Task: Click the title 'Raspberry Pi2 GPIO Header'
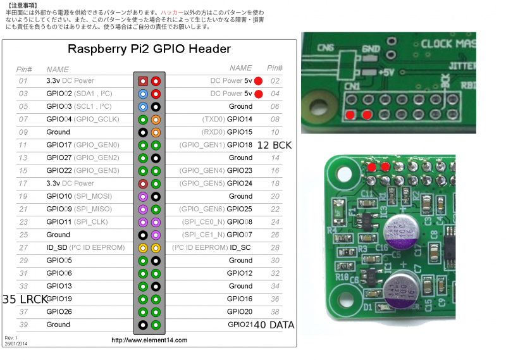pyautogui.click(x=149, y=49)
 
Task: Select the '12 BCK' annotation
pyautogui.click(x=275, y=145)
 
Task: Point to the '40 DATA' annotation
pyautogui.click(x=273, y=325)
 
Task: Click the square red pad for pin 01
pyautogui.click(x=143, y=81)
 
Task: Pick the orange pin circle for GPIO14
pyautogui.click(x=156, y=120)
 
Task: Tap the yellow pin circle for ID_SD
pyautogui.click(x=143, y=247)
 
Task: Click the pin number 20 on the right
pyautogui.click(x=275, y=196)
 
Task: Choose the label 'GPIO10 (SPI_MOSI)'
pyautogui.click(x=80, y=196)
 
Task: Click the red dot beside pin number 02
pyautogui.click(x=258, y=81)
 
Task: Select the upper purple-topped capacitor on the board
pyautogui.click(x=402, y=232)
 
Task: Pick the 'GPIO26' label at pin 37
pyautogui.click(x=59, y=311)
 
